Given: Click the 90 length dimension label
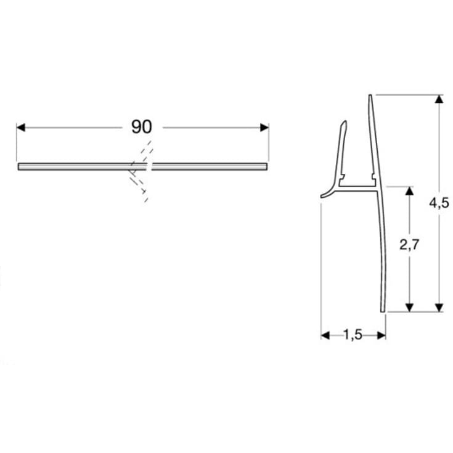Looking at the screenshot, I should [142, 127].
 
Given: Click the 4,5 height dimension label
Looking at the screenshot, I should [440, 204].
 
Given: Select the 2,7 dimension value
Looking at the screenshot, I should [409, 245].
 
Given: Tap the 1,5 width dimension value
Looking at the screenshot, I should [353, 335].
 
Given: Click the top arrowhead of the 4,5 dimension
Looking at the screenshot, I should [439, 99].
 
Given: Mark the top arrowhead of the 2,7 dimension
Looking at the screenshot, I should [409, 190].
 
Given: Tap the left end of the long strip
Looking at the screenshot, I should [20, 166].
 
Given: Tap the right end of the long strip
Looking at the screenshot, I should [267, 166].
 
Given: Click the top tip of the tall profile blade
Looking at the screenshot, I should [370, 96].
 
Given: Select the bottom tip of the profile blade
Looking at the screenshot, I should [383, 310].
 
